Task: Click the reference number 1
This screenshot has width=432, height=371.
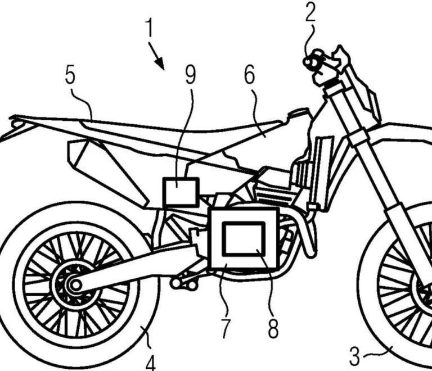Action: point(149,28)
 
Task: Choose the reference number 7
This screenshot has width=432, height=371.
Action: point(224,328)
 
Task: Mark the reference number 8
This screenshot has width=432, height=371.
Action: point(272,328)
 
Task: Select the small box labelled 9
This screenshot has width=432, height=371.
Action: point(180,191)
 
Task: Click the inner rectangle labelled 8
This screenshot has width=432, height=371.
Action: point(243,238)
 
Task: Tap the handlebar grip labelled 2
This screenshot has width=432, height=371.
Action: point(310,61)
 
